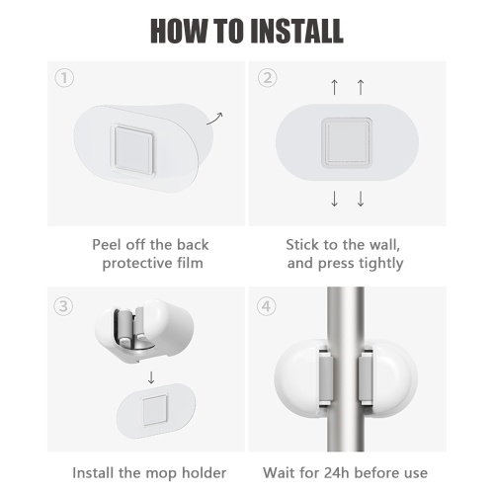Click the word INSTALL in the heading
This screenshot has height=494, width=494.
click(296, 31)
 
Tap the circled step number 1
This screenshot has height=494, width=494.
click(64, 78)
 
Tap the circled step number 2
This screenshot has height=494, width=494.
click(267, 78)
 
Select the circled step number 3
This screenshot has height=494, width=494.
click(63, 306)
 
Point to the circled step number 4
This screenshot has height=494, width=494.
click(266, 306)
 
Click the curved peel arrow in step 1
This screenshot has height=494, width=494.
click(214, 119)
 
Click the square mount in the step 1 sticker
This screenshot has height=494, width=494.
click(133, 149)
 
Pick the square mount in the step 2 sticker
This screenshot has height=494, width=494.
click(347, 142)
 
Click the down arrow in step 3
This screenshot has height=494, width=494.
click(151, 377)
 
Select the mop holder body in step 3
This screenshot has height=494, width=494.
click(144, 331)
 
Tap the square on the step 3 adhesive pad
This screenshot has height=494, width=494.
click(155, 410)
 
